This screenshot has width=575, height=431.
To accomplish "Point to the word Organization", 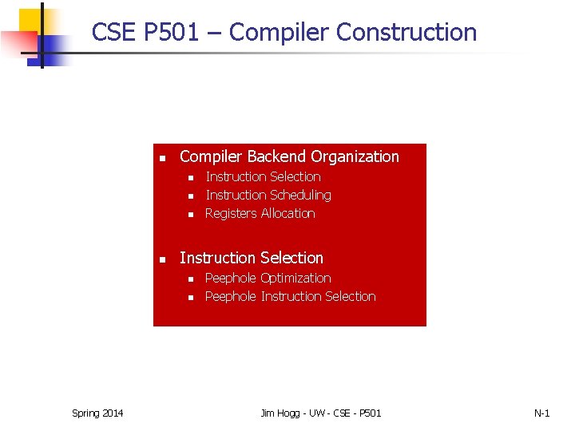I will click(x=355, y=156).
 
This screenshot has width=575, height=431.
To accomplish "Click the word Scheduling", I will click(x=300, y=195).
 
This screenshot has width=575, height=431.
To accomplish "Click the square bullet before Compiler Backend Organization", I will click(x=161, y=157).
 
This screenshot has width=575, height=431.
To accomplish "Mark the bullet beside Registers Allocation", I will click(x=191, y=215).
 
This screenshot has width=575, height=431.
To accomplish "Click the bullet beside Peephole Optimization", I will click(x=191, y=279).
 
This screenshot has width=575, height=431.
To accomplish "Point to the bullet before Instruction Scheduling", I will click(x=191, y=196).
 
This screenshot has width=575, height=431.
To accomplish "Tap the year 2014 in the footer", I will click(x=113, y=413).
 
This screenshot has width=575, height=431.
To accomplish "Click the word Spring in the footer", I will click(x=85, y=413).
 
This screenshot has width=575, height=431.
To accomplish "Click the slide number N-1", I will click(x=541, y=413).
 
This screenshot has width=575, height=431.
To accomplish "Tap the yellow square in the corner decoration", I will click(x=30, y=21).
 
